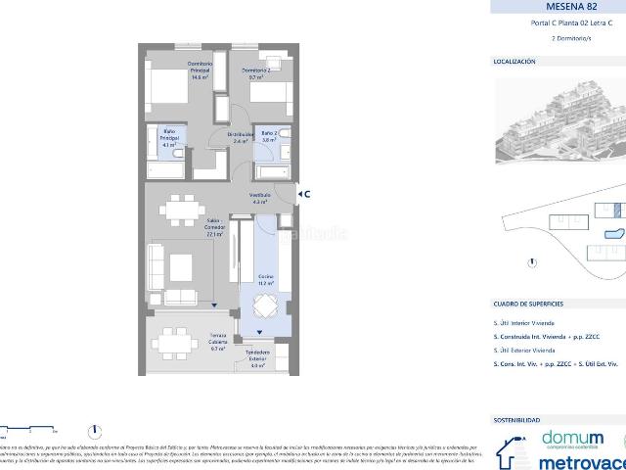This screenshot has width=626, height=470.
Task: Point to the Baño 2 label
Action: pyautogui.click(x=269, y=136)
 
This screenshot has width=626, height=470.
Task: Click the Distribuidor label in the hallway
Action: pyautogui.click(x=241, y=137)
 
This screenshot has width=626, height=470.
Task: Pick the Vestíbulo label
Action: pyautogui.click(x=260, y=199)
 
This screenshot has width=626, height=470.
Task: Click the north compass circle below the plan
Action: pyautogui.click(x=95, y=430)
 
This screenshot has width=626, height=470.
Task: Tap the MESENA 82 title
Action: pyautogui.click(x=558, y=6)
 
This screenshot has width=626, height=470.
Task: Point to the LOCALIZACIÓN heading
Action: pyautogui.click(x=514, y=61)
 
